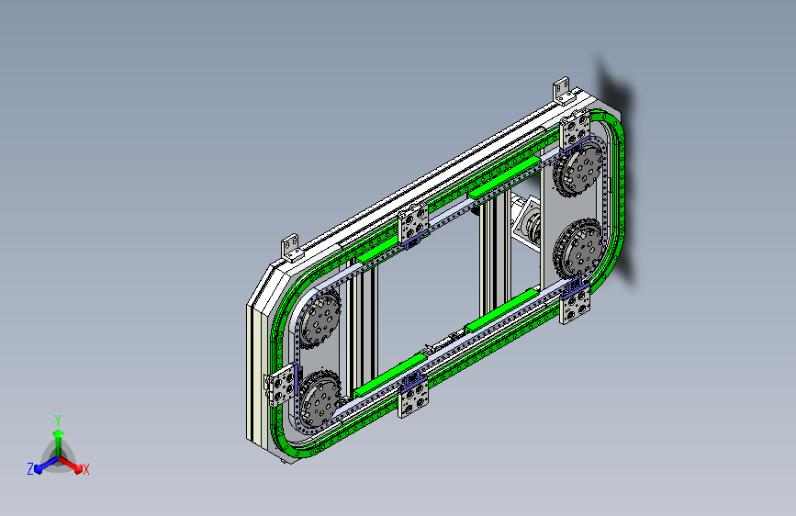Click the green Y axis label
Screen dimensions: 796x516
58,421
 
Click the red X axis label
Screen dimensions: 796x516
85,469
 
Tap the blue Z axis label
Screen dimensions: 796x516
30,469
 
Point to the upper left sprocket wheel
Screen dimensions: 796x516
320,320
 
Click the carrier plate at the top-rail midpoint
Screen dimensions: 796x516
414,226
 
